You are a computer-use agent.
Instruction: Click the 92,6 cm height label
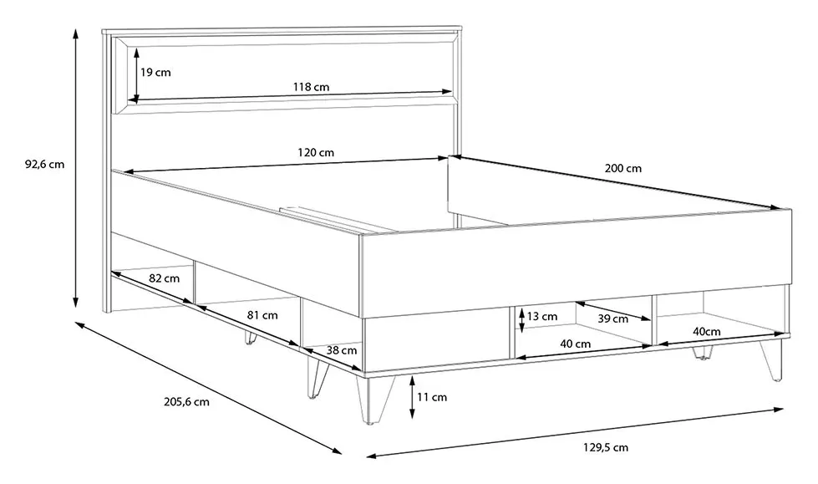click(44, 164)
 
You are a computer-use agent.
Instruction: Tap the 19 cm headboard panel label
click(155, 72)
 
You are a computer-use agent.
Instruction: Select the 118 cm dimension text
click(311, 87)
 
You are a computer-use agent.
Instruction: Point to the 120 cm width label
click(316, 152)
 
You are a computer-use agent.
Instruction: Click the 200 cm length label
click(622, 168)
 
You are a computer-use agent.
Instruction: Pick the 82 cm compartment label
click(165, 278)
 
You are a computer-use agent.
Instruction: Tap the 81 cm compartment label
click(262, 315)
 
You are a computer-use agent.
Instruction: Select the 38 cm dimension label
click(342, 350)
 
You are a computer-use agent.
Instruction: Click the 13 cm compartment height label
click(542, 317)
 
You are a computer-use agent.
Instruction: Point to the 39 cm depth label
click(613, 318)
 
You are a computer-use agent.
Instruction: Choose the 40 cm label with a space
click(576, 344)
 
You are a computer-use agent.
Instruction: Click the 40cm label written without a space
click(707, 331)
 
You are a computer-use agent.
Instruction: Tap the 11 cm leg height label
click(432, 397)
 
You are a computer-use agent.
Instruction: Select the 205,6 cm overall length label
click(187, 401)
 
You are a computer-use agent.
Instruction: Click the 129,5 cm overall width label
click(605, 447)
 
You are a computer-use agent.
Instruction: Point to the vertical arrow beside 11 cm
click(412, 397)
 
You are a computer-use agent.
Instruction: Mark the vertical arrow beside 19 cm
click(136, 74)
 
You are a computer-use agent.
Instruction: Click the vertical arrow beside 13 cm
click(521, 320)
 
